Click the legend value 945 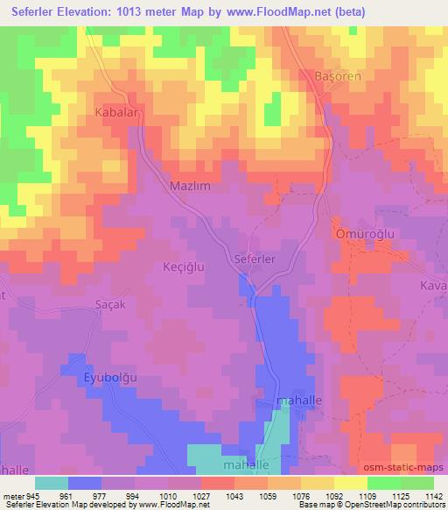coord(32,495)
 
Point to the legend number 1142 coord(429,495)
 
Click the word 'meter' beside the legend coord(12,495)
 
